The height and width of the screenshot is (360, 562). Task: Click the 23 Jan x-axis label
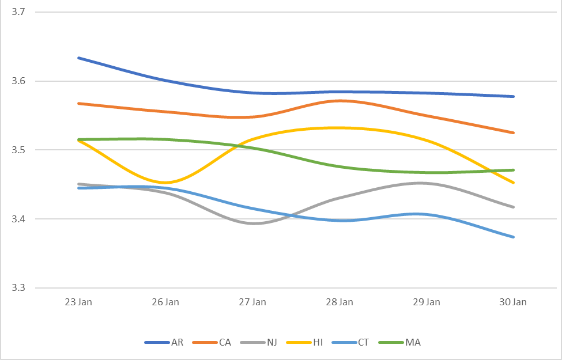[78, 302]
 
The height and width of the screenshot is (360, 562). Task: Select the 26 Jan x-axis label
[165, 302]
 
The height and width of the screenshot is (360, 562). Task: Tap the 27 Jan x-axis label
[252, 302]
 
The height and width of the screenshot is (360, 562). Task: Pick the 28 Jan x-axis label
[339, 302]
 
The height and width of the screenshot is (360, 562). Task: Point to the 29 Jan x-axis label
[426, 302]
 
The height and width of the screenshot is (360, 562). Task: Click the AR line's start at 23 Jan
[78, 58]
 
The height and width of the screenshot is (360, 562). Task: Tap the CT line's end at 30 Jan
[513, 237]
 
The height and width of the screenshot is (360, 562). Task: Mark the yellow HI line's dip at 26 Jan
[165, 183]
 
